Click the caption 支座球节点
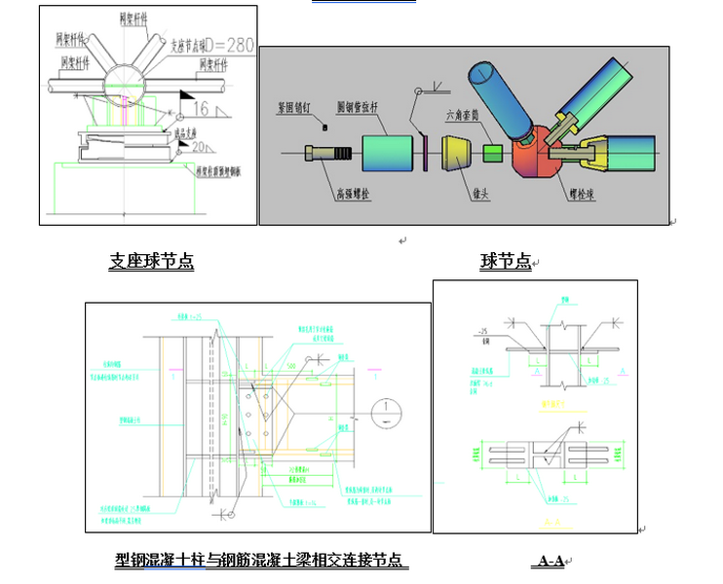point(151,261)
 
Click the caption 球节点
point(506,261)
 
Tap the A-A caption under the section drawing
point(549,561)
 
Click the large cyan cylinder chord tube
point(389,154)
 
